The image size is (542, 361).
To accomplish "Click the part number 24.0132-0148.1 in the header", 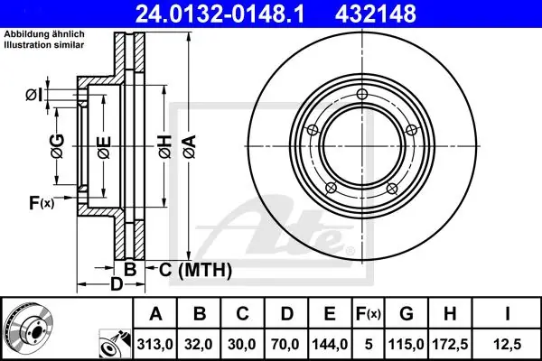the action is pyautogui.click(x=220, y=14).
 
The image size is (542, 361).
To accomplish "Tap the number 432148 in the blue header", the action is pyautogui.click(x=376, y=14).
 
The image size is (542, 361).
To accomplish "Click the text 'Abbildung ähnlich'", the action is pyautogui.click(x=44, y=34).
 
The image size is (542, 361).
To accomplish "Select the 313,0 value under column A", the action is pyautogui.click(x=154, y=345).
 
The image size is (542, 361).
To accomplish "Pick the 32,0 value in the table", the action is pyautogui.click(x=199, y=345).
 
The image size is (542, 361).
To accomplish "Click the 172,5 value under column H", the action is pyautogui.click(x=450, y=345).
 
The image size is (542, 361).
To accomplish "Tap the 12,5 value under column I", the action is pyautogui.click(x=507, y=345).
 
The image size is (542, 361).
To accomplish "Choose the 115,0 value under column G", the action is pyautogui.click(x=406, y=345).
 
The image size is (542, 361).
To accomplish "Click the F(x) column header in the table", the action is pyautogui.click(x=369, y=314).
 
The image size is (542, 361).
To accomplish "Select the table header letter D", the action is pyautogui.click(x=286, y=314).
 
